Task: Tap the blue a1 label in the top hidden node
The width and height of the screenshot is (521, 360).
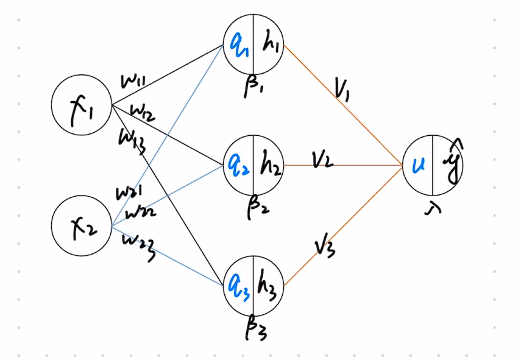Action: [x=238, y=44]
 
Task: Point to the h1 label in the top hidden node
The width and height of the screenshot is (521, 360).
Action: [x=269, y=44]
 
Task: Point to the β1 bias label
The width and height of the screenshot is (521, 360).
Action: [x=252, y=86]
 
